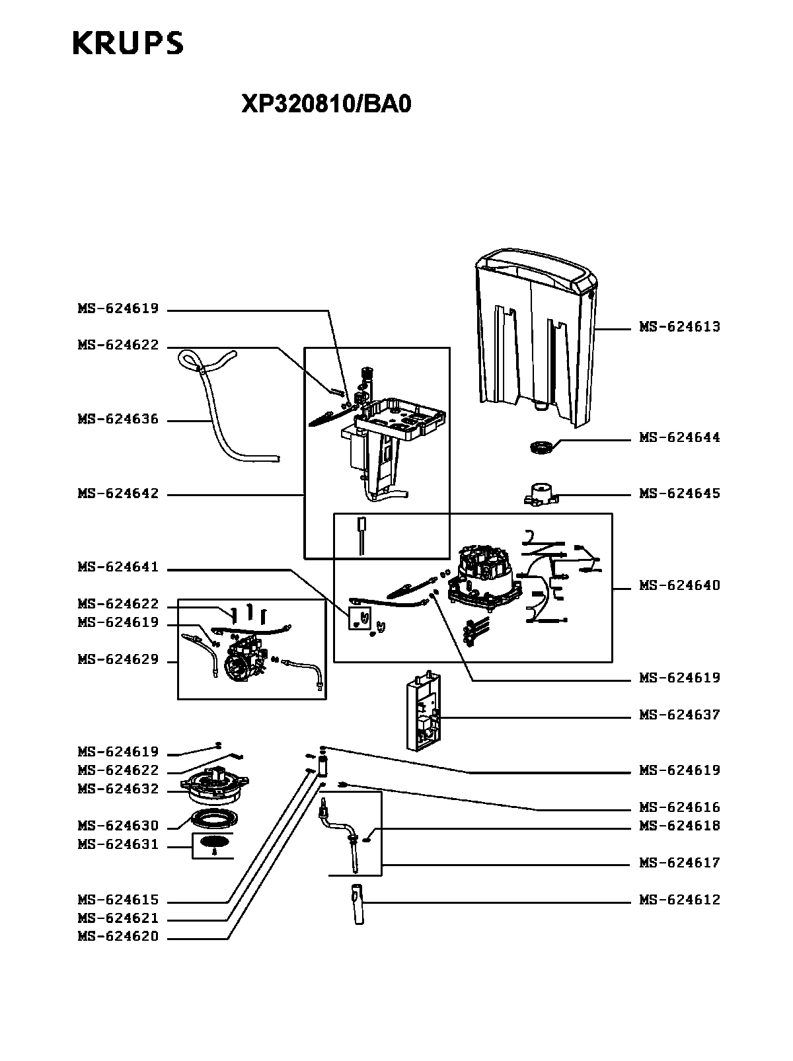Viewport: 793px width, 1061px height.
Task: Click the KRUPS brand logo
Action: click(x=128, y=43)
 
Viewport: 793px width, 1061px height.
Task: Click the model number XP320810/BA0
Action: click(x=326, y=104)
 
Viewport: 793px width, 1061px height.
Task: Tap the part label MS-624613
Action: click(x=680, y=327)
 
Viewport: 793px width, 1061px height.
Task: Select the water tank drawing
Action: click(x=536, y=338)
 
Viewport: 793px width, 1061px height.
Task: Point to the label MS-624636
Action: click(x=118, y=419)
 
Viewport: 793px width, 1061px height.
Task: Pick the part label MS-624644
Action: click(x=680, y=437)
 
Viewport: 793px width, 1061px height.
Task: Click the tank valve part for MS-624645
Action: click(x=541, y=494)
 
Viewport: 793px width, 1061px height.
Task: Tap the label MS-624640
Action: click(x=680, y=585)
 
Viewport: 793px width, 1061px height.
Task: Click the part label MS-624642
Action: click(x=118, y=494)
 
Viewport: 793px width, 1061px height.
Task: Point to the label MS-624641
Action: click(x=118, y=567)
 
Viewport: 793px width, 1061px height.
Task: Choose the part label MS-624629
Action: click(x=118, y=660)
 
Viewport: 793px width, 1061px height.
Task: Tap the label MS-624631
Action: click(x=118, y=844)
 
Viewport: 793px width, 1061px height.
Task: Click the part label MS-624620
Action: click(x=118, y=936)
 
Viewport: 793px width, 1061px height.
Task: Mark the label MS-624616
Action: click(x=680, y=807)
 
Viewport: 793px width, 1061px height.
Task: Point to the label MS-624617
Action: click(x=680, y=863)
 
